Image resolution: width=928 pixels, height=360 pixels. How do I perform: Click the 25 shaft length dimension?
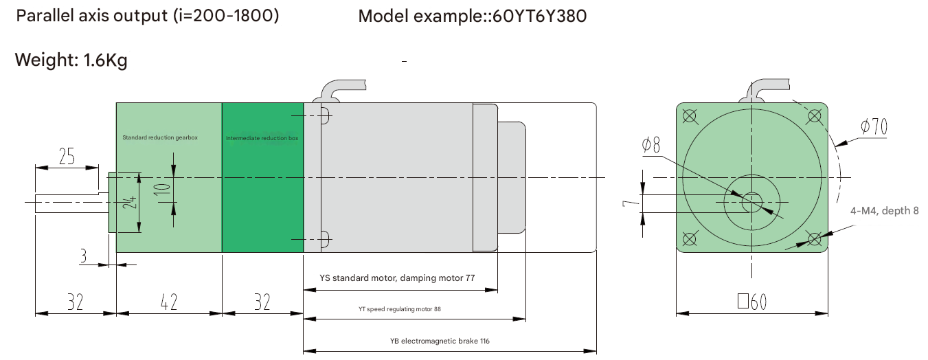click(x=67, y=157)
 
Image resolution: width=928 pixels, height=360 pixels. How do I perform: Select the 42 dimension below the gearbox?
click(x=169, y=302)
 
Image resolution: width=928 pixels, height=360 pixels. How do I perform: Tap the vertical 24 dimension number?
click(x=131, y=203)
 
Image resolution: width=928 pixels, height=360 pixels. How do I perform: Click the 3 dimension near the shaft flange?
click(x=83, y=256)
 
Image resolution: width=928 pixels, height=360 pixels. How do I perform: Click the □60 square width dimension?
click(x=751, y=302)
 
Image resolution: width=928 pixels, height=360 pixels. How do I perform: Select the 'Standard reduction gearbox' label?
click(x=159, y=137)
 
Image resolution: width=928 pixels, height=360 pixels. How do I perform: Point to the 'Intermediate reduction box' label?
click(x=262, y=138)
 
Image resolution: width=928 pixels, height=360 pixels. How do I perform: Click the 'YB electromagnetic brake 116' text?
click(x=440, y=341)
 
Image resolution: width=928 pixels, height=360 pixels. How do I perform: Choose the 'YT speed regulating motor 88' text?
click(x=400, y=309)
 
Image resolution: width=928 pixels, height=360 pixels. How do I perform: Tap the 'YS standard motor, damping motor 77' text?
click(x=398, y=278)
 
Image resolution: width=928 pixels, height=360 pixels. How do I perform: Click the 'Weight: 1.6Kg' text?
click(x=71, y=60)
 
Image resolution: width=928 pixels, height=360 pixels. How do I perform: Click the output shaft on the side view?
click(x=69, y=201)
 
